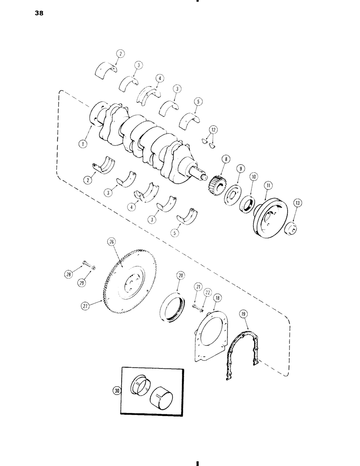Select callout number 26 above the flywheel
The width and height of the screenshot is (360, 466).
click(x=111, y=242)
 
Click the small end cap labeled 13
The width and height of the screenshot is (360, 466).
click(x=292, y=229)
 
